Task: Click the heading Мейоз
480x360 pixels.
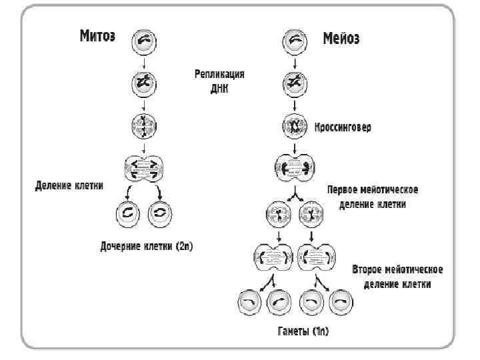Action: pos(341,39)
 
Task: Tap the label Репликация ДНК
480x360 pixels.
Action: pos(219,82)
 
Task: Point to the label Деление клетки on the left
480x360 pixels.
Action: pos(69,186)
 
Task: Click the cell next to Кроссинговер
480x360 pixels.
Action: pos(293,125)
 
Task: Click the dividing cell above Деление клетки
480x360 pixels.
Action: pos(145,169)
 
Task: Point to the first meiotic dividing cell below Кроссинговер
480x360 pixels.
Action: pos(293,167)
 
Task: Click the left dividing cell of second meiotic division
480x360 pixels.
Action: pos(272,257)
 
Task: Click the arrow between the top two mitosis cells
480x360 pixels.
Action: pos(145,61)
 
